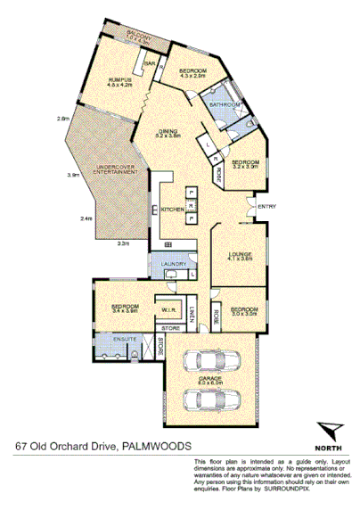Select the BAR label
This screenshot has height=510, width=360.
tap(151, 64)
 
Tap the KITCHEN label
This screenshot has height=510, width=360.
tap(172, 209)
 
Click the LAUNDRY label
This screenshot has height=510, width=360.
tap(173, 264)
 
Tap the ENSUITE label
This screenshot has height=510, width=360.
tap(127, 339)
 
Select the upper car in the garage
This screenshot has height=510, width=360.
tap(211, 359)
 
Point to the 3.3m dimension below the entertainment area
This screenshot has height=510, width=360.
tap(124, 243)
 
